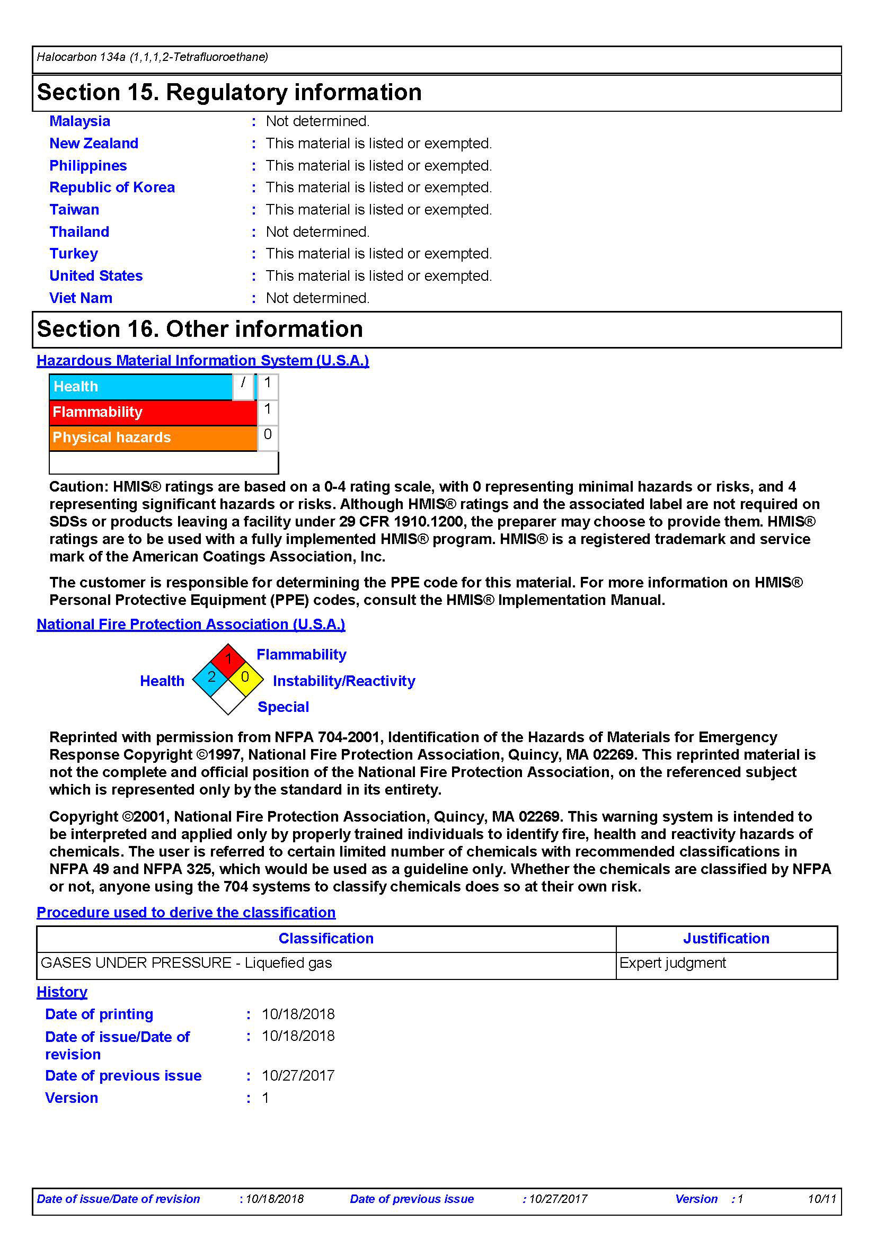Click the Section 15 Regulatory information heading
[x=229, y=92]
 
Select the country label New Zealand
[x=93, y=143]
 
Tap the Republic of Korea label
[x=112, y=187]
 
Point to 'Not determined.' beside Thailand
[x=317, y=231]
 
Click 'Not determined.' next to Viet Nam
[x=317, y=298]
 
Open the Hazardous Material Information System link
[x=202, y=361]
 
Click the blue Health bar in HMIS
[x=140, y=386]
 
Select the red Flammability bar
[x=152, y=412]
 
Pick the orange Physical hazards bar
[x=152, y=437]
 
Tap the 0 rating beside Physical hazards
[x=267, y=434]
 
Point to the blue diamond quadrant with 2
[x=211, y=678]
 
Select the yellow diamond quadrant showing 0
[x=245, y=678]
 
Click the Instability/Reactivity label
[x=344, y=681]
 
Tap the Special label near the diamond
[x=283, y=707]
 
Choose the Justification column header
[x=726, y=939]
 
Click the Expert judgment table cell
[x=673, y=963]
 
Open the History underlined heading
[x=61, y=992]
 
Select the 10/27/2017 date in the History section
[x=298, y=1075]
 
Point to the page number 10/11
[x=821, y=1199]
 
